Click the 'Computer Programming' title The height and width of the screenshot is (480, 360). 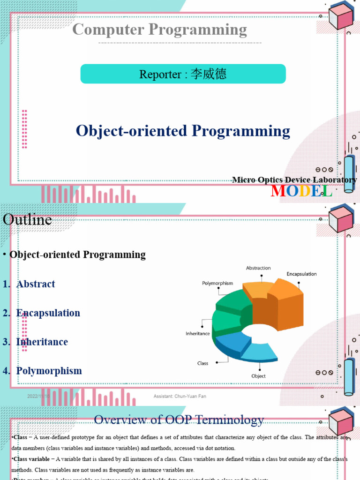(x=159, y=30)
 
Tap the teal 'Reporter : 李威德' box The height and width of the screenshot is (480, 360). (x=183, y=74)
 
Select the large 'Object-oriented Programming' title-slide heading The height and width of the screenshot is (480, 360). (x=183, y=131)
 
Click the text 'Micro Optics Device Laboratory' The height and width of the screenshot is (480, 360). (x=294, y=180)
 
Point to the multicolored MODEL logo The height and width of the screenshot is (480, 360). (x=301, y=191)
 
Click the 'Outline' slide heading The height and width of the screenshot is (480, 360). (x=27, y=219)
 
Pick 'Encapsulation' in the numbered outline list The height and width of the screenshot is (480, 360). (x=48, y=313)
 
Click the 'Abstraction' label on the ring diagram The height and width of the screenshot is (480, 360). (x=258, y=268)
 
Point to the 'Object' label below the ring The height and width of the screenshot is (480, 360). (x=258, y=376)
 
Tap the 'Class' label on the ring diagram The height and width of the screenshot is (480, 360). (x=202, y=363)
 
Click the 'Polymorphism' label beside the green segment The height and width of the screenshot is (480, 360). (x=217, y=283)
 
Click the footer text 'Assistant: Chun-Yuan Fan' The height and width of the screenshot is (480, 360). (x=180, y=397)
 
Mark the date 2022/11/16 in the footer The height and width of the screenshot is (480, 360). (x=38, y=397)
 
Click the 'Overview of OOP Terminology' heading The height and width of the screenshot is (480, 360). (x=179, y=420)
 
